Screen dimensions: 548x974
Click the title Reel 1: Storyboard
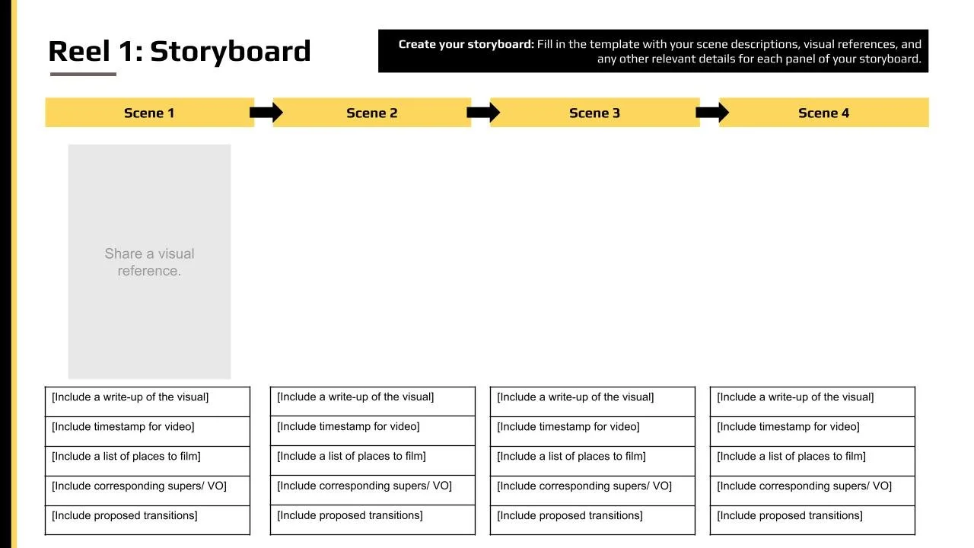pos(180,51)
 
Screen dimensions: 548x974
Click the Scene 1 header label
pos(149,113)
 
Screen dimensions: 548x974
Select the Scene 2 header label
pos(371,113)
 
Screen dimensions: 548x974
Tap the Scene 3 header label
pos(594,113)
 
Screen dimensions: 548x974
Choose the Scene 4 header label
pos(823,113)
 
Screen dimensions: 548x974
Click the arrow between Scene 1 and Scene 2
pos(266,113)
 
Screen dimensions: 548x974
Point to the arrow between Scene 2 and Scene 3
pos(483,113)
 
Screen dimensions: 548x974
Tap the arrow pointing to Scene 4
pos(712,113)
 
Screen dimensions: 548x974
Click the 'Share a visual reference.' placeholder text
pos(149,262)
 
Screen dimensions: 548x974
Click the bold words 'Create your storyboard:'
pos(466,44)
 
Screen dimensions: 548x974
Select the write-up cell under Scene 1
pos(148,401)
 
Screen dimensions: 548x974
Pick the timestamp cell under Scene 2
pos(372,431)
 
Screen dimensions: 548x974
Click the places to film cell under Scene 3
pos(592,460)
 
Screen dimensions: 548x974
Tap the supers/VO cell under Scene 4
pos(812,490)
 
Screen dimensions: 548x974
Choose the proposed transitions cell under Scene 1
pos(148,520)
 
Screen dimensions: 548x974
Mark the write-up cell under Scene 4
pos(812,401)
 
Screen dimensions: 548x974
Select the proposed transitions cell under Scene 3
pos(592,520)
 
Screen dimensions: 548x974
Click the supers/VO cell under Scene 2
pos(372,490)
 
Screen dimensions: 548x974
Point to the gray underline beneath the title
pos(83,74)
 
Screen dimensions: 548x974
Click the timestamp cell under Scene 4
pos(812,431)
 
